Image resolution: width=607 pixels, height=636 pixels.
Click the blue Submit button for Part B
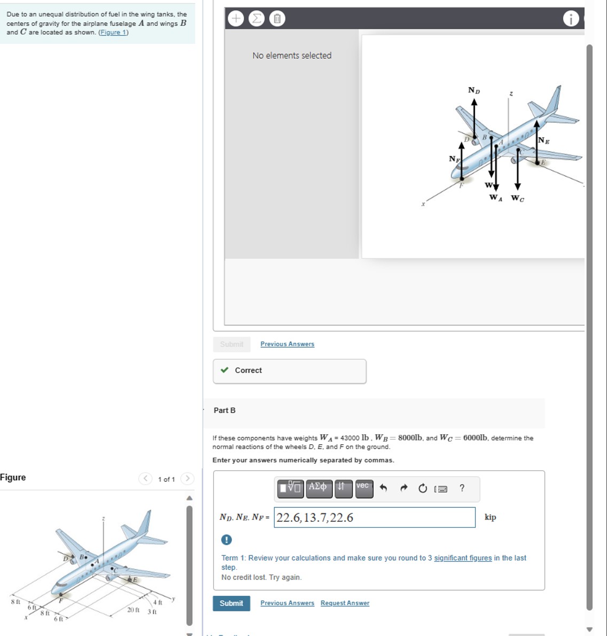(x=231, y=603)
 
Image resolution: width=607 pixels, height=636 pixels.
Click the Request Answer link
(x=345, y=603)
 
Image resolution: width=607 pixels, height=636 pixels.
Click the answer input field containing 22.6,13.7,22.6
(x=374, y=517)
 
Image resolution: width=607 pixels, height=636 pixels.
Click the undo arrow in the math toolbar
(x=383, y=488)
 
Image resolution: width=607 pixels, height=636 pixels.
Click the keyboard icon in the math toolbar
(x=441, y=489)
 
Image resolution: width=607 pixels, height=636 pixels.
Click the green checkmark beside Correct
(x=224, y=370)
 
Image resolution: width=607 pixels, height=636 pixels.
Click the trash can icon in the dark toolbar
(x=277, y=19)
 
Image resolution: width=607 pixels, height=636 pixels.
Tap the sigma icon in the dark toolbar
(x=256, y=19)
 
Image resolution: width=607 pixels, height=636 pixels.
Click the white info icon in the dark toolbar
(x=570, y=19)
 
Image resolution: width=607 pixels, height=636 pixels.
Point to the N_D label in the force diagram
(x=474, y=90)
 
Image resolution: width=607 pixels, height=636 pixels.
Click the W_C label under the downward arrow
(x=517, y=198)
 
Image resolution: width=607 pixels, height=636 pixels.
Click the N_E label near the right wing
(x=543, y=141)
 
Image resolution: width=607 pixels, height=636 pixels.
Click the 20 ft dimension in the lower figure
(x=133, y=610)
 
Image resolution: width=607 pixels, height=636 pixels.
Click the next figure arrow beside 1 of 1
(x=187, y=478)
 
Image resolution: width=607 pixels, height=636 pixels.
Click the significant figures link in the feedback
(x=463, y=558)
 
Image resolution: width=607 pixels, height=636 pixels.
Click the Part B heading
(x=224, y=411)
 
